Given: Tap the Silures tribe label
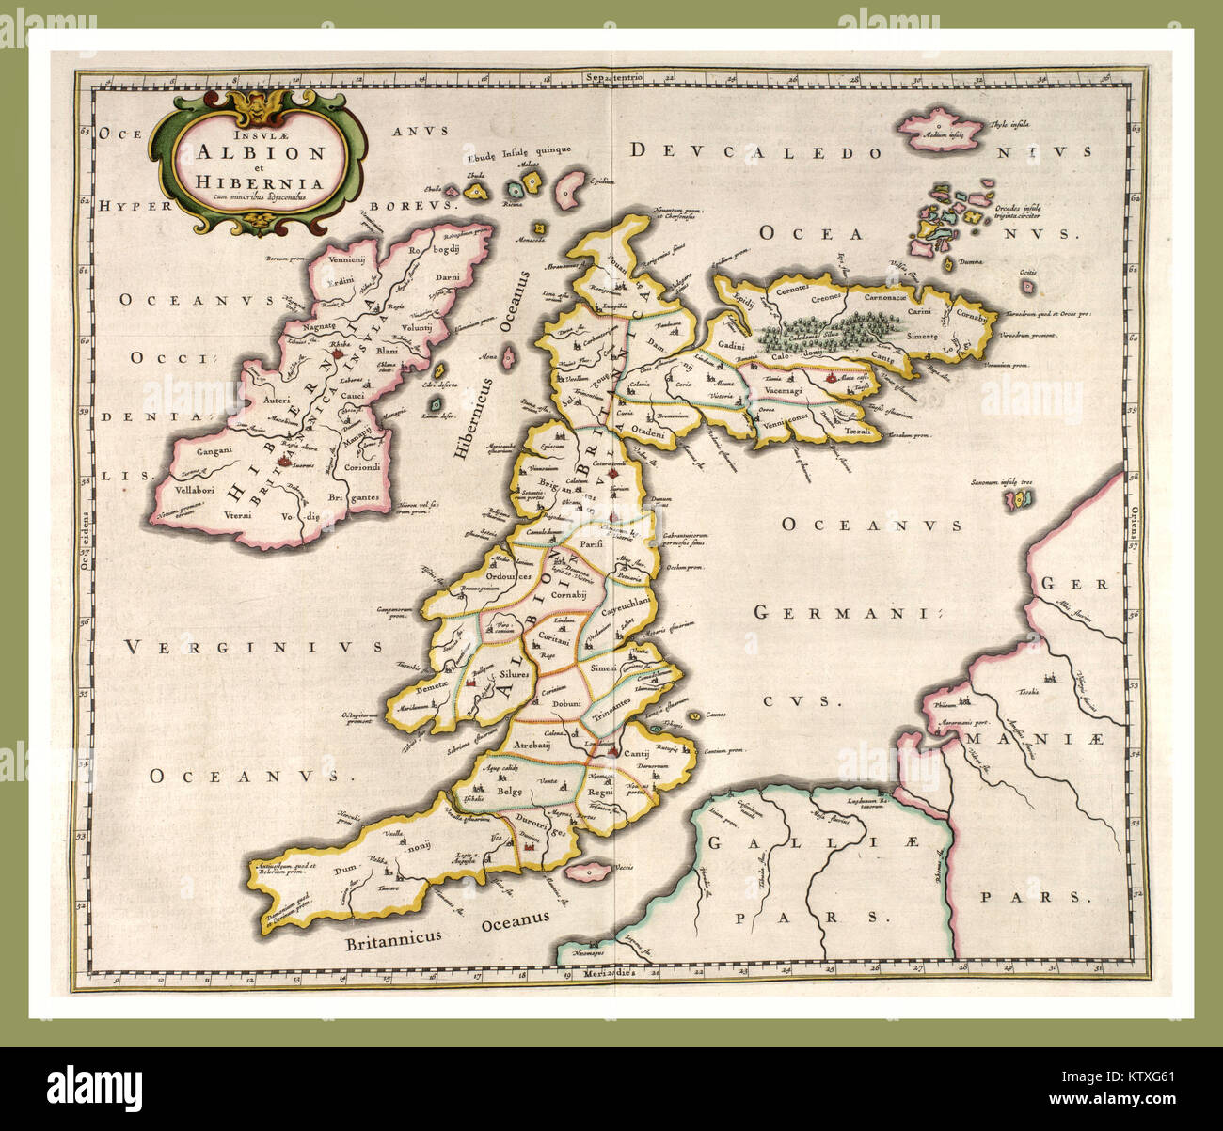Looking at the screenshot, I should [x=515, y=674].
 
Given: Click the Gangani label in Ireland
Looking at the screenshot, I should [x=188, y=452].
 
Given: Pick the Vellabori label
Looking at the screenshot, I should [x=183, y=491].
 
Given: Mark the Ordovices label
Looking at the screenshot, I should [x=511, y=576].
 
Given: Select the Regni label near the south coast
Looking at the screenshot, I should [x=600, y=793].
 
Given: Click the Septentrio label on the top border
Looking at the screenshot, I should [x=611, y=76].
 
